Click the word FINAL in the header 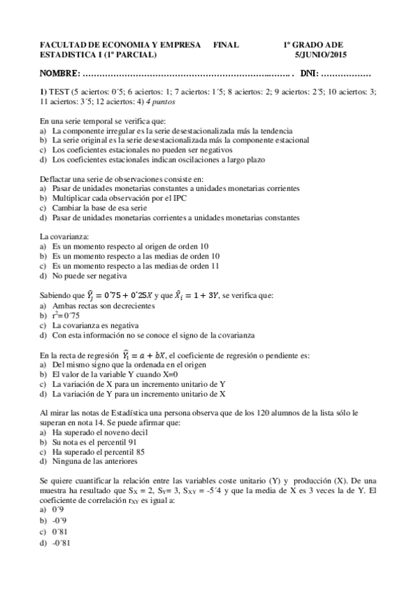[x=226, y=44]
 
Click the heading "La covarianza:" [x=65, y=236]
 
